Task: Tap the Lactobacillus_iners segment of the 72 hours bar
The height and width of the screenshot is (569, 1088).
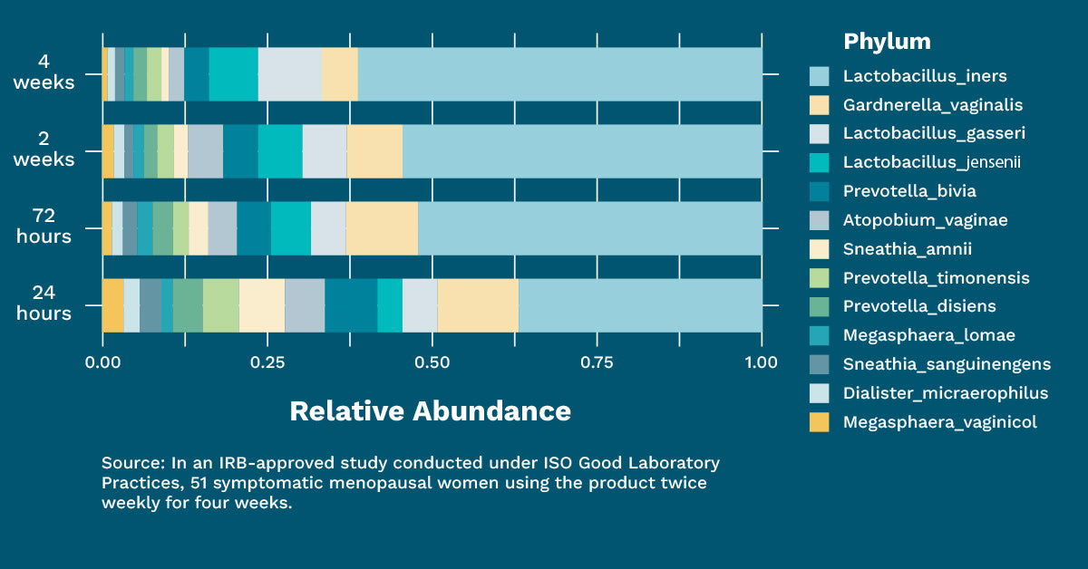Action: pos(589,228)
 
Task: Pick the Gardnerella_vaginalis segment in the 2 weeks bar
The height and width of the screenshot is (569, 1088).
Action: pos(374,151)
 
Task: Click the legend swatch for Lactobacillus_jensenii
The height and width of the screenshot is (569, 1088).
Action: pos(820,162)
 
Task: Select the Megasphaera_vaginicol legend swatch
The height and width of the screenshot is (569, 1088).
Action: pos(820,422)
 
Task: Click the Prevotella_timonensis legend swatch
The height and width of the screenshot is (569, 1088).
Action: pos(820,277)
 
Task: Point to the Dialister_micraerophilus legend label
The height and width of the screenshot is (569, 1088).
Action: pos(946,393)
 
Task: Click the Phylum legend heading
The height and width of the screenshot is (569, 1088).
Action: pos(887,42)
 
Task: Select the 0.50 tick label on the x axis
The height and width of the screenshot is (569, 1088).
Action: pos(432,362)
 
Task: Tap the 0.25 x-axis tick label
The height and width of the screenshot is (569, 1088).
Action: pos(267,362)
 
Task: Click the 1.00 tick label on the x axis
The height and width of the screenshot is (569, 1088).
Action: pos(761,362)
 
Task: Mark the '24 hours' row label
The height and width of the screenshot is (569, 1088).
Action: pos(44,304)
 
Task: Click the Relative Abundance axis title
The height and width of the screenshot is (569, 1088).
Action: pos(431,411)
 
